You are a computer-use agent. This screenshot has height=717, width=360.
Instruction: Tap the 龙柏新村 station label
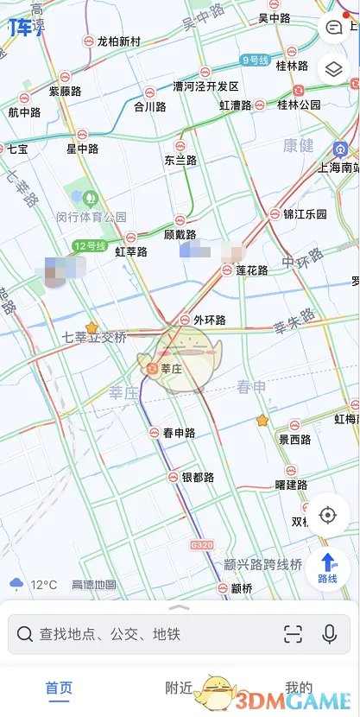coord(119,41)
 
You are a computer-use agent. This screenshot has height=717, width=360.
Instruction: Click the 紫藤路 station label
coord(65,91)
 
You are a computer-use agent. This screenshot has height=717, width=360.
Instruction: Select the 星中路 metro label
coord(83,149)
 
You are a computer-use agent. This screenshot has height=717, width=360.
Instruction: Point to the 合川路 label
coord(149,107)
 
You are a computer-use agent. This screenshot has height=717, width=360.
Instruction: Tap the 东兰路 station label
coord(180,160)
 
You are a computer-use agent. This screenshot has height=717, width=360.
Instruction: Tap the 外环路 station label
coord(209,320)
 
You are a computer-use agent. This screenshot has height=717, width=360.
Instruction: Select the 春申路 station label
coord(179,433)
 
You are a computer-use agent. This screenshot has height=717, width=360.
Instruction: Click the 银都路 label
coord(198,477)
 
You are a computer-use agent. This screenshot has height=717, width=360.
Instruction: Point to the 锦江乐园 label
coord(305,213)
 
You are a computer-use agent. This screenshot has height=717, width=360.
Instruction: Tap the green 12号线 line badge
coord(89,246)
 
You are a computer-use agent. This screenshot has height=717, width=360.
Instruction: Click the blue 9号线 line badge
coord(256,60)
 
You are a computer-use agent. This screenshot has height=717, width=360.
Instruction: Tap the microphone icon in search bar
coord(329,634)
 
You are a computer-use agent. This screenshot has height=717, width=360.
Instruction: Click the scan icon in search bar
coord(293,634)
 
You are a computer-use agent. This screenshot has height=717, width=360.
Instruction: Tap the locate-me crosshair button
coord(327,516)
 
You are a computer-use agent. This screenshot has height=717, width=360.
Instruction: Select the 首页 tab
coord(59,688)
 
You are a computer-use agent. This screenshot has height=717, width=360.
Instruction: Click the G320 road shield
coord(202,546)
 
